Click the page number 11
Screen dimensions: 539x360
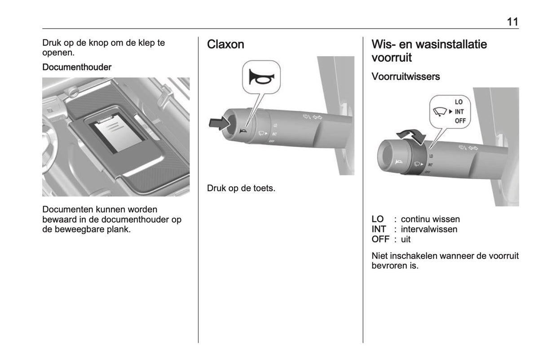512,22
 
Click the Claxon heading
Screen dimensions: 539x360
225,44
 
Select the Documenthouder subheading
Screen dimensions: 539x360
77,67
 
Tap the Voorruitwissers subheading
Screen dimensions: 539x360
406,76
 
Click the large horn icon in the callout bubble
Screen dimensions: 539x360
261,77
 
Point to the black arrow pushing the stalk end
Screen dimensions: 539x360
219,123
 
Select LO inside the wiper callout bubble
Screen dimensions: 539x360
459,102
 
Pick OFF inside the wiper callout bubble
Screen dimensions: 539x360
460,121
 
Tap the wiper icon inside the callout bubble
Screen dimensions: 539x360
440,112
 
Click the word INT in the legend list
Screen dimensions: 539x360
379,229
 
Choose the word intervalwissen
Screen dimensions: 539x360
429,229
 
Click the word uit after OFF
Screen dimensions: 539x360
406,239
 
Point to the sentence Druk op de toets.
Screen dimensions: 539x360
241,188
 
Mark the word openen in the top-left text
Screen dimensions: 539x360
58,53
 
